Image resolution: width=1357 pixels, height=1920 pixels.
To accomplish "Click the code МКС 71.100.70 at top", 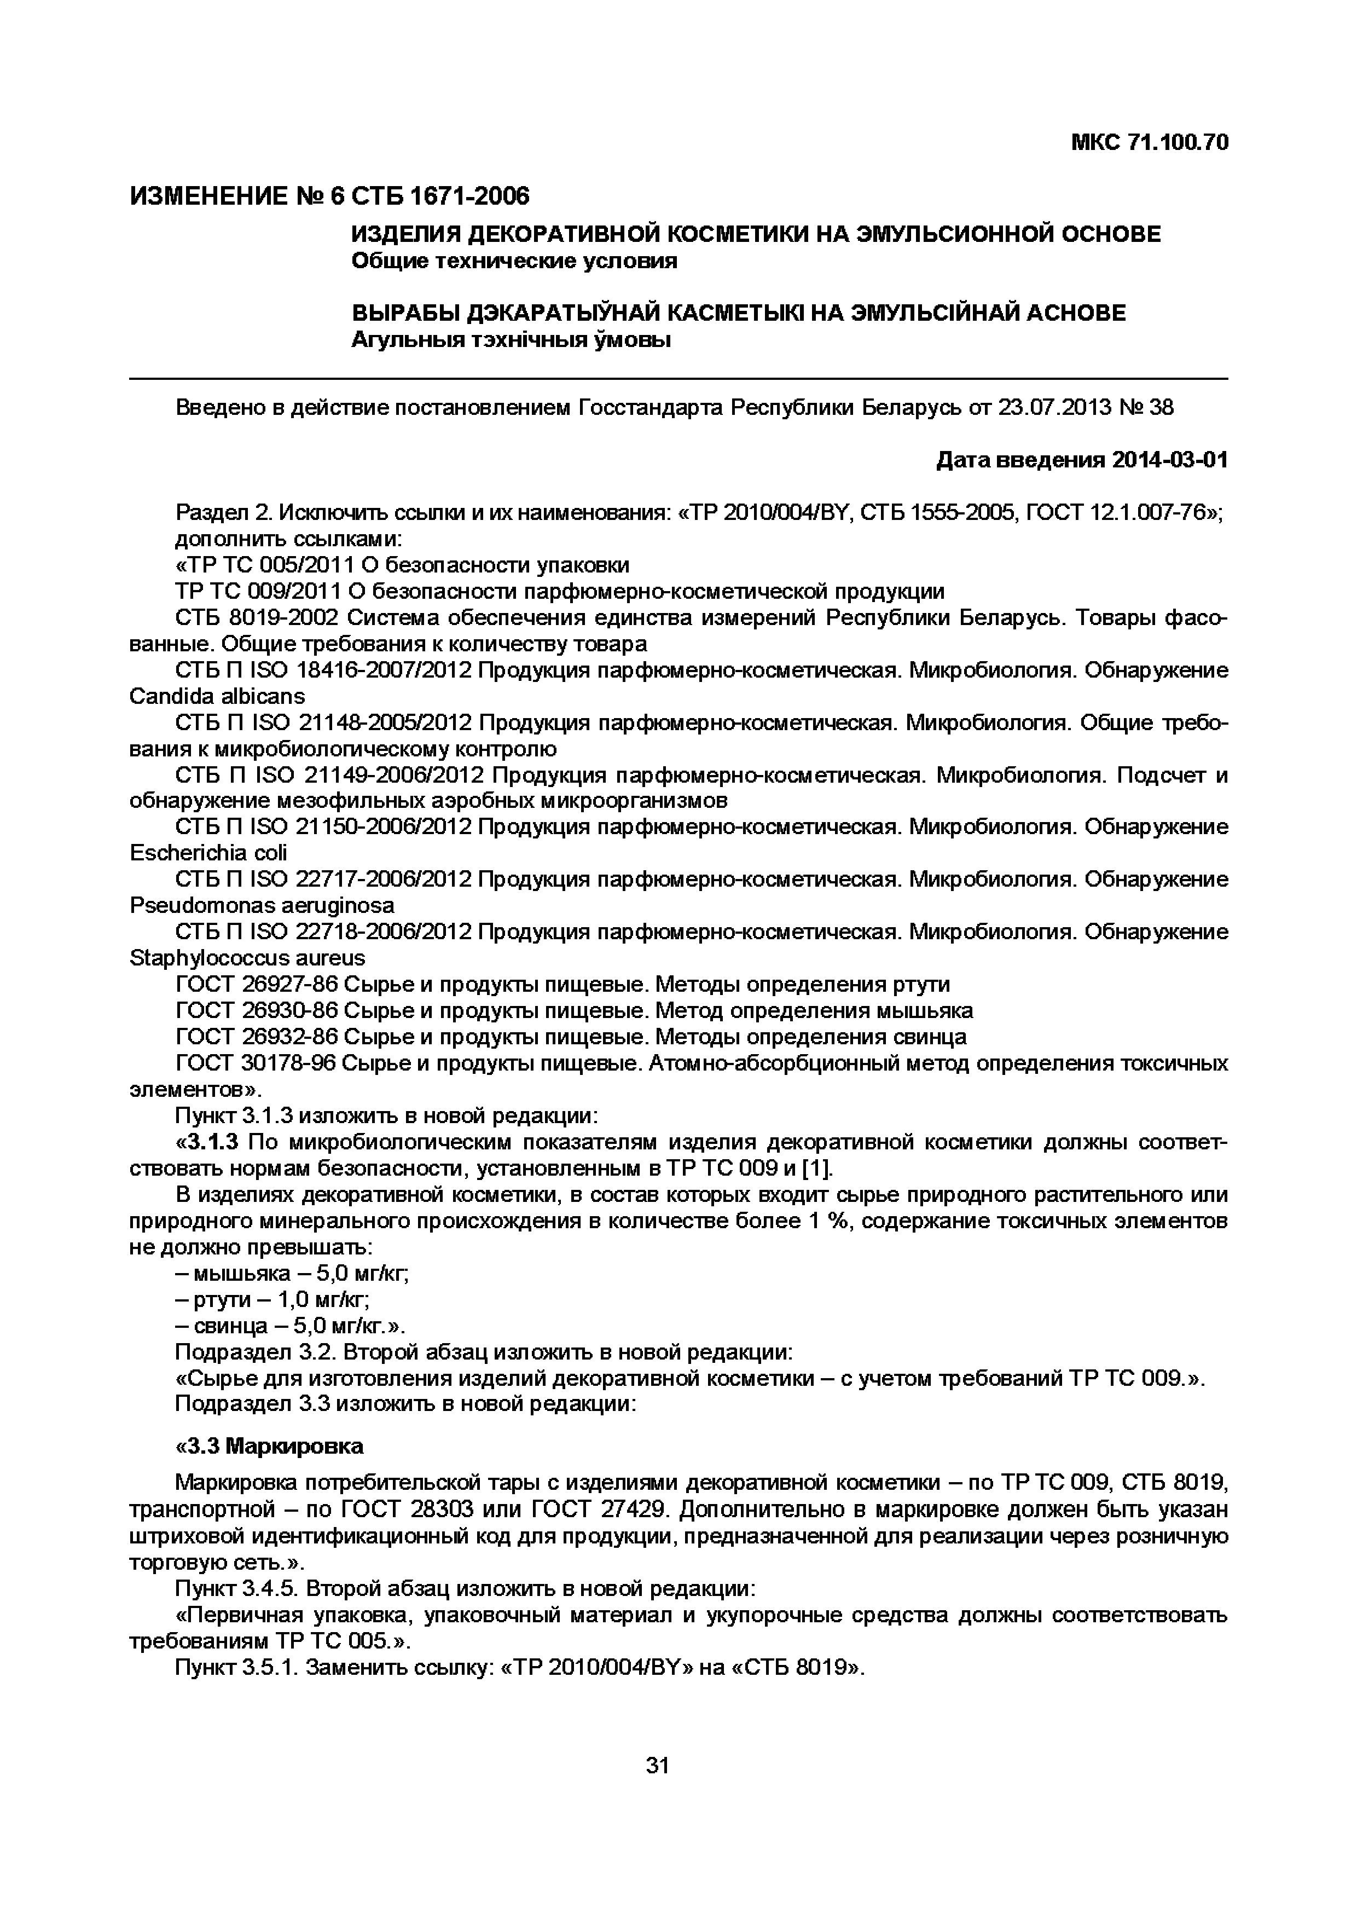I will point(1150,143).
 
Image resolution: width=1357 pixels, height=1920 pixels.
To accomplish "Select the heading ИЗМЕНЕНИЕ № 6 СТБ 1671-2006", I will point(329,196).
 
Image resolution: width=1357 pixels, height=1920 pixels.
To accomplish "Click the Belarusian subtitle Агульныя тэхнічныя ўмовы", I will point(511,340).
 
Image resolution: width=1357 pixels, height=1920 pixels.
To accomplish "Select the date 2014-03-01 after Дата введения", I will point(1170,460).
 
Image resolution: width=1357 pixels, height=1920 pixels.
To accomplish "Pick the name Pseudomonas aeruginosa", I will point(262,906).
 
